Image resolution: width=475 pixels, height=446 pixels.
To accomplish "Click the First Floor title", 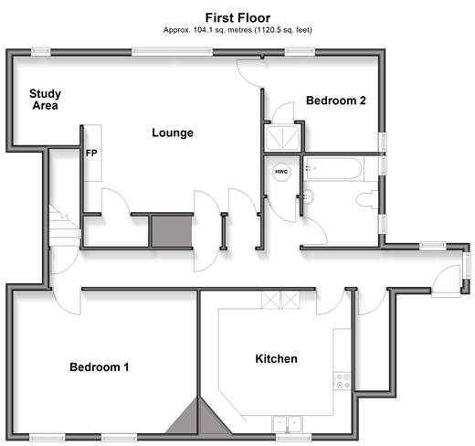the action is click(237, 18).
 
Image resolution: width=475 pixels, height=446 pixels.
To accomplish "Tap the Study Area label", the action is click(45, 100).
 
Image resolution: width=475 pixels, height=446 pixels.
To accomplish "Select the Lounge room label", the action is click(173, 133).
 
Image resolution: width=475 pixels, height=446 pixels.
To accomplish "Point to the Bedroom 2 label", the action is click(336, 101).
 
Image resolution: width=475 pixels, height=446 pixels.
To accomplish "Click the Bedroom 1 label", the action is click(100, 367).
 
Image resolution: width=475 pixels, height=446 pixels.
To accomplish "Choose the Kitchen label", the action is click(276, 359).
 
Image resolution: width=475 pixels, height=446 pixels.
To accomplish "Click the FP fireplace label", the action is click(91, 153).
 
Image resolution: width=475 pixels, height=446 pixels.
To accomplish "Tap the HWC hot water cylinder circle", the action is click(281, 172).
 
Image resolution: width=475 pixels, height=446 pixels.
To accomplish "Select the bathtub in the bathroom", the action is click(334, 168).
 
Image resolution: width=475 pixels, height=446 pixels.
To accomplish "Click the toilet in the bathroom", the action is click(367, 199).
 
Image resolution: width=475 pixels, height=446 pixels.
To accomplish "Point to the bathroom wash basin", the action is click(309, 196).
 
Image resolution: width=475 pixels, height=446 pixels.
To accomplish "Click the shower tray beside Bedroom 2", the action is click(282, 138).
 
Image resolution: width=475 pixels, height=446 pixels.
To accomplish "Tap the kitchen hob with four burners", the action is click(343, 381).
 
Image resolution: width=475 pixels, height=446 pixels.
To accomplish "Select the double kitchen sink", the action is click(287, 424).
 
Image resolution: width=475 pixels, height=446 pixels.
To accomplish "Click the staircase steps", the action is click(64, 226).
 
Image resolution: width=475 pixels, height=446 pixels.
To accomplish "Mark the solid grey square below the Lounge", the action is click(172, 231).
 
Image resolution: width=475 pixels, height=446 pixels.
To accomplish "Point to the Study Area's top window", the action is click(41, 51).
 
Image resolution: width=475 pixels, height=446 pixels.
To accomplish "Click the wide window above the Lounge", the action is click(172, 51).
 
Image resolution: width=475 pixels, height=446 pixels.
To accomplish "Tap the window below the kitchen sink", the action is click(293, 438).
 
